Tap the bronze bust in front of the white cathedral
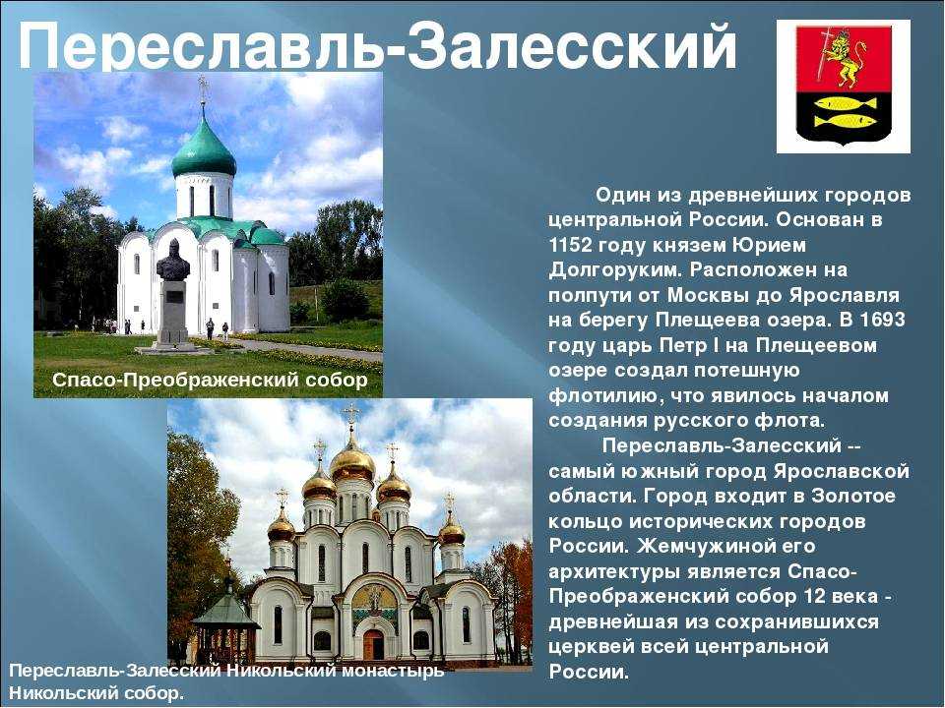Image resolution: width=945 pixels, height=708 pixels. point(173,260)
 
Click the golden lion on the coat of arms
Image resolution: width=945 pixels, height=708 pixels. point(841,60)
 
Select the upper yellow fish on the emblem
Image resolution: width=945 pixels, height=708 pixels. point(843,103)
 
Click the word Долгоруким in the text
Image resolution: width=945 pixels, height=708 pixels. point(614,270)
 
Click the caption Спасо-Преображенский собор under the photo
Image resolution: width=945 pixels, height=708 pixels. point(210,380)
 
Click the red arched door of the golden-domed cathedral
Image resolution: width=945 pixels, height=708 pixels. point(373,643)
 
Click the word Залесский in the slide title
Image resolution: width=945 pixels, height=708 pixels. point(571,46)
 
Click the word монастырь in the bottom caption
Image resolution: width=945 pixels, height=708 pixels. point(393,671)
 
